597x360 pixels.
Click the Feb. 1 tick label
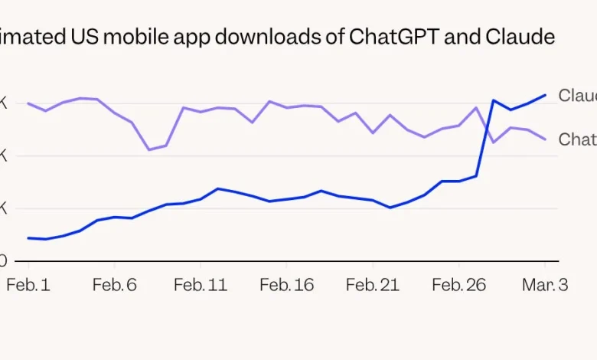point(28,285)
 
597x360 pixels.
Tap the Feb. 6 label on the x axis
point(114,285)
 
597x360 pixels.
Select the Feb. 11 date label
point(200,285)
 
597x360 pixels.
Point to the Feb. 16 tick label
point(286,285)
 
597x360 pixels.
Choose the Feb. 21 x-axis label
point(372,285)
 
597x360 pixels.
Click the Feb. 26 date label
point(458,285)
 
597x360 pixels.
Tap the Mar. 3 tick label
point(545,285)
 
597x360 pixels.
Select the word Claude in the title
point(520,37)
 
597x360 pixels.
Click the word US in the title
point(86,37)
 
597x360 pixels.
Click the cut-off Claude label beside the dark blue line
point(577,96)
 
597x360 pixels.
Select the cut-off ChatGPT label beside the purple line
point(577,139)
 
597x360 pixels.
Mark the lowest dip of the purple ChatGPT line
point(149,149)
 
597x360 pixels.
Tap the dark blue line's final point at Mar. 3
point(545,95)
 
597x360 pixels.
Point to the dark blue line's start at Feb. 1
point(28,238)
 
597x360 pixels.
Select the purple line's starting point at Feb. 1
point(28,103)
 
